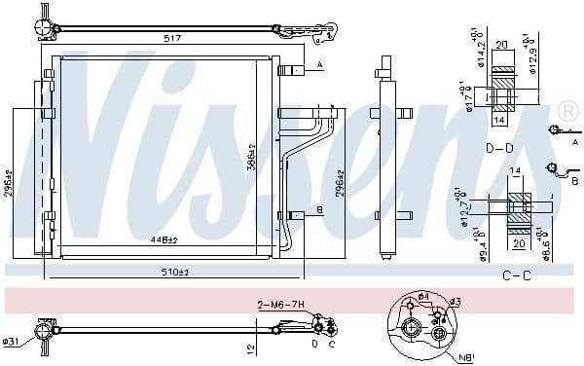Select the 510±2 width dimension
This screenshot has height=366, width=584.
(x=176, y=272)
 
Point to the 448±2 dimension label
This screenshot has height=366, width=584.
(x=164, y=239)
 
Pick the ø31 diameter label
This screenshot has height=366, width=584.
(x=11, y=341)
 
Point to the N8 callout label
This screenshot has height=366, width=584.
(x=466, y=356)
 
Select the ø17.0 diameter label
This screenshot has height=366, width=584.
(x=469, y=97)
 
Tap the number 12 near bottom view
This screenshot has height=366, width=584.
(x=251, y=348)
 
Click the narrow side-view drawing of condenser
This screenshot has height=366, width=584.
(x=386, y=161)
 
